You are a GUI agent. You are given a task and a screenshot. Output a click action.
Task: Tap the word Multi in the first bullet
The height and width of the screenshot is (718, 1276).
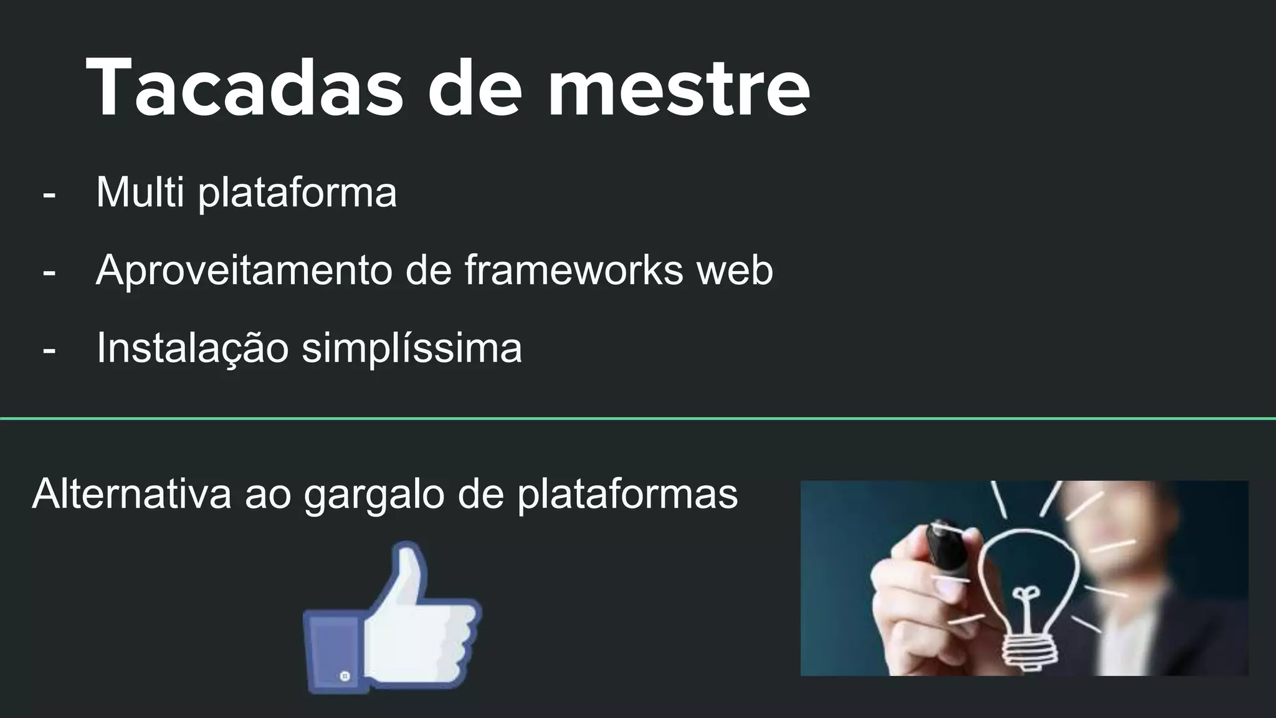pyautogui.click(x=140, y=192)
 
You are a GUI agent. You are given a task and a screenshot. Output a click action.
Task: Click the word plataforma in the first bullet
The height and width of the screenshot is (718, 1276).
pyautogui.click(x=297, y=193)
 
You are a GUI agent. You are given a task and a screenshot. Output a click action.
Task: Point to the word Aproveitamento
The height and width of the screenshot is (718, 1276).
pyautogui.click(x=244, y=270)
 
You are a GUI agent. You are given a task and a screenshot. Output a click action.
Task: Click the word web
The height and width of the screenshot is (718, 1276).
pyautogui.click(x=735, y=270)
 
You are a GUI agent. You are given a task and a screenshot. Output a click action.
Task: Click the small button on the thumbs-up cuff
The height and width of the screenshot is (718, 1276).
pyautogui.click(x=345, y=676)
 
